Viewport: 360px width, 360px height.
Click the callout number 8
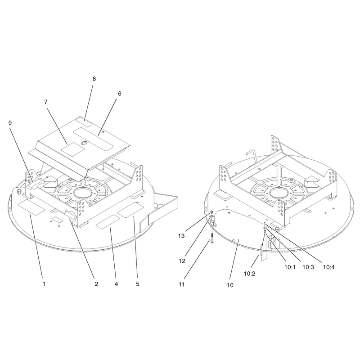tap(94, 79)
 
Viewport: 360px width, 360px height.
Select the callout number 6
tap(120, 94)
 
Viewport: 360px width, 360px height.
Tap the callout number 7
tap(46, 102)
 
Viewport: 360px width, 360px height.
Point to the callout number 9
tap(10, 123)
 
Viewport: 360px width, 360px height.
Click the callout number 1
tap(44, 284)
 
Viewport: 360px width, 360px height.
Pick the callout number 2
tap(96, 284)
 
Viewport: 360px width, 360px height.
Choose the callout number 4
tap(117, 284)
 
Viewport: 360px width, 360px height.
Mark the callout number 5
tap(138, 284)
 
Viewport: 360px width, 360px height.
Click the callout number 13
tap(181, 236)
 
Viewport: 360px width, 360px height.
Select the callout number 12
tap(182, 261)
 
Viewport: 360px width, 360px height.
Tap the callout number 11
tap(181, 285)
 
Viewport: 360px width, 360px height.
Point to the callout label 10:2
tap(250, 274)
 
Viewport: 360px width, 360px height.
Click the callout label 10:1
tap(290, 267)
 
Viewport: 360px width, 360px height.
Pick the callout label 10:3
tap(308, 267)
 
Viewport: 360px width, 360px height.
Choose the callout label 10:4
tap(329, 267)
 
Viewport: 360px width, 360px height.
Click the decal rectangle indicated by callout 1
tap(31, 207)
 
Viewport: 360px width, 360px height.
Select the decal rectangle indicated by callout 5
tap(130, 210)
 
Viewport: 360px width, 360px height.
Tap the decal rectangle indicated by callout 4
tap(108, 222)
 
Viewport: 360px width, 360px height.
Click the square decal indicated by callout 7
tap(73, 150)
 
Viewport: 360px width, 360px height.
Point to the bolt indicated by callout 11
tap(211, 239)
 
